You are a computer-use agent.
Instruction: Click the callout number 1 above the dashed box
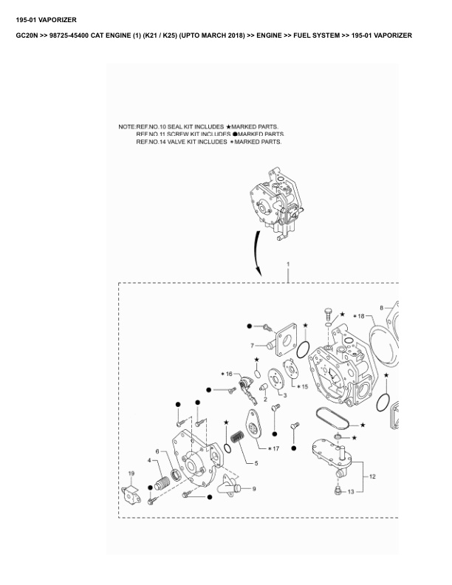click(288, 264)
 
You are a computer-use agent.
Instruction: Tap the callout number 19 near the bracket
click(131, 473)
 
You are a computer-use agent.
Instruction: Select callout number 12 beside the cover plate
click(372, 476)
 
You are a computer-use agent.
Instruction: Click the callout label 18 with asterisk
click(360, 316)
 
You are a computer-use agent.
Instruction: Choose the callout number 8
click(381, 307)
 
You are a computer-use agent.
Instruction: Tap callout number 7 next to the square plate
click(252, 345)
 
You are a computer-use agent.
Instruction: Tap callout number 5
click(256, 463)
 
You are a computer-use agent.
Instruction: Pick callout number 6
click(157, 451)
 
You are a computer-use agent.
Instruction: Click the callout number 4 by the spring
click(150, 462)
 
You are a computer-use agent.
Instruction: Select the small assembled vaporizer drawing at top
click(272, 203)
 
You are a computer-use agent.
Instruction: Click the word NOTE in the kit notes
click(126, 126)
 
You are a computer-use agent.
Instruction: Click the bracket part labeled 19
click(131, 493)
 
